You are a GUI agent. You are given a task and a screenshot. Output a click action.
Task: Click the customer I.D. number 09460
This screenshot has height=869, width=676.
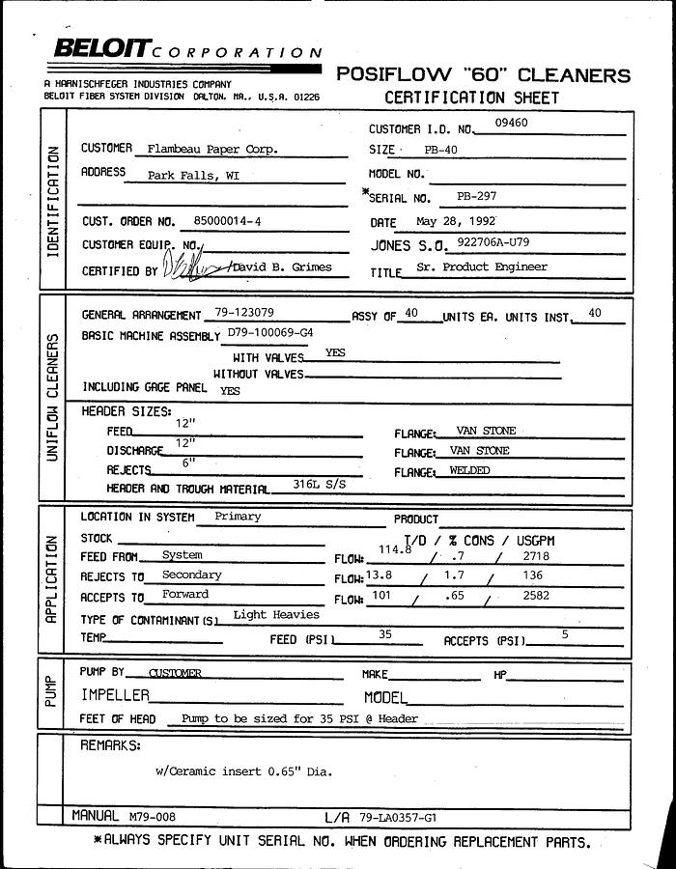pyautogui.click(x=513, y=124)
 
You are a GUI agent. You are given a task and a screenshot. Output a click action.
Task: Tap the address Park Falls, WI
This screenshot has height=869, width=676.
pyautogui.click(x=193, y=177)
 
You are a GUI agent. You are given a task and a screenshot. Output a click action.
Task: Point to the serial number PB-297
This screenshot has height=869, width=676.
pyautogui.click(x=477, y=196)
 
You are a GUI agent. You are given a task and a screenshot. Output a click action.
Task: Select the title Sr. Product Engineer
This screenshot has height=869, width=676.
pyautogui.click(x=482, y=267)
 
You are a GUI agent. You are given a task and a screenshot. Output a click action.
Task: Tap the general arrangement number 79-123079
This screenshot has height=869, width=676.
pyautogui.click(x=244, y=315)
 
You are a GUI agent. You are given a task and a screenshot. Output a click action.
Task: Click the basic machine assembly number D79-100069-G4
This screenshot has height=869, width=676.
pyautogui.click(x=269, y=333)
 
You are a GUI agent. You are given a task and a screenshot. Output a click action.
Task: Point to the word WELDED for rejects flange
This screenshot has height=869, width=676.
pyautogui.click(x=470, y=471)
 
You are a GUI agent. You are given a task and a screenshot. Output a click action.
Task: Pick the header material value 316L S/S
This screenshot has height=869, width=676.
pyautogui.click(x=319, y=484)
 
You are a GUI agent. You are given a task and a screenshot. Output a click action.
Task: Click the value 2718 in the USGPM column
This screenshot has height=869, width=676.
pyautogui.click(x=535, y=557)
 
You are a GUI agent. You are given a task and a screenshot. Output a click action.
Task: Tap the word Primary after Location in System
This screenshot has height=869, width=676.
pyautogui.click(x=238, y=517)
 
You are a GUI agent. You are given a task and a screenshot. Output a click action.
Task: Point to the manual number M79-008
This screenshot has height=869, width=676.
pyautogui.click(x=150, y=817)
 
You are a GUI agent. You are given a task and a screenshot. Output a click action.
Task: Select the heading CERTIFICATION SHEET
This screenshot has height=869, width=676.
pyautogui.click(x=471, y=98)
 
